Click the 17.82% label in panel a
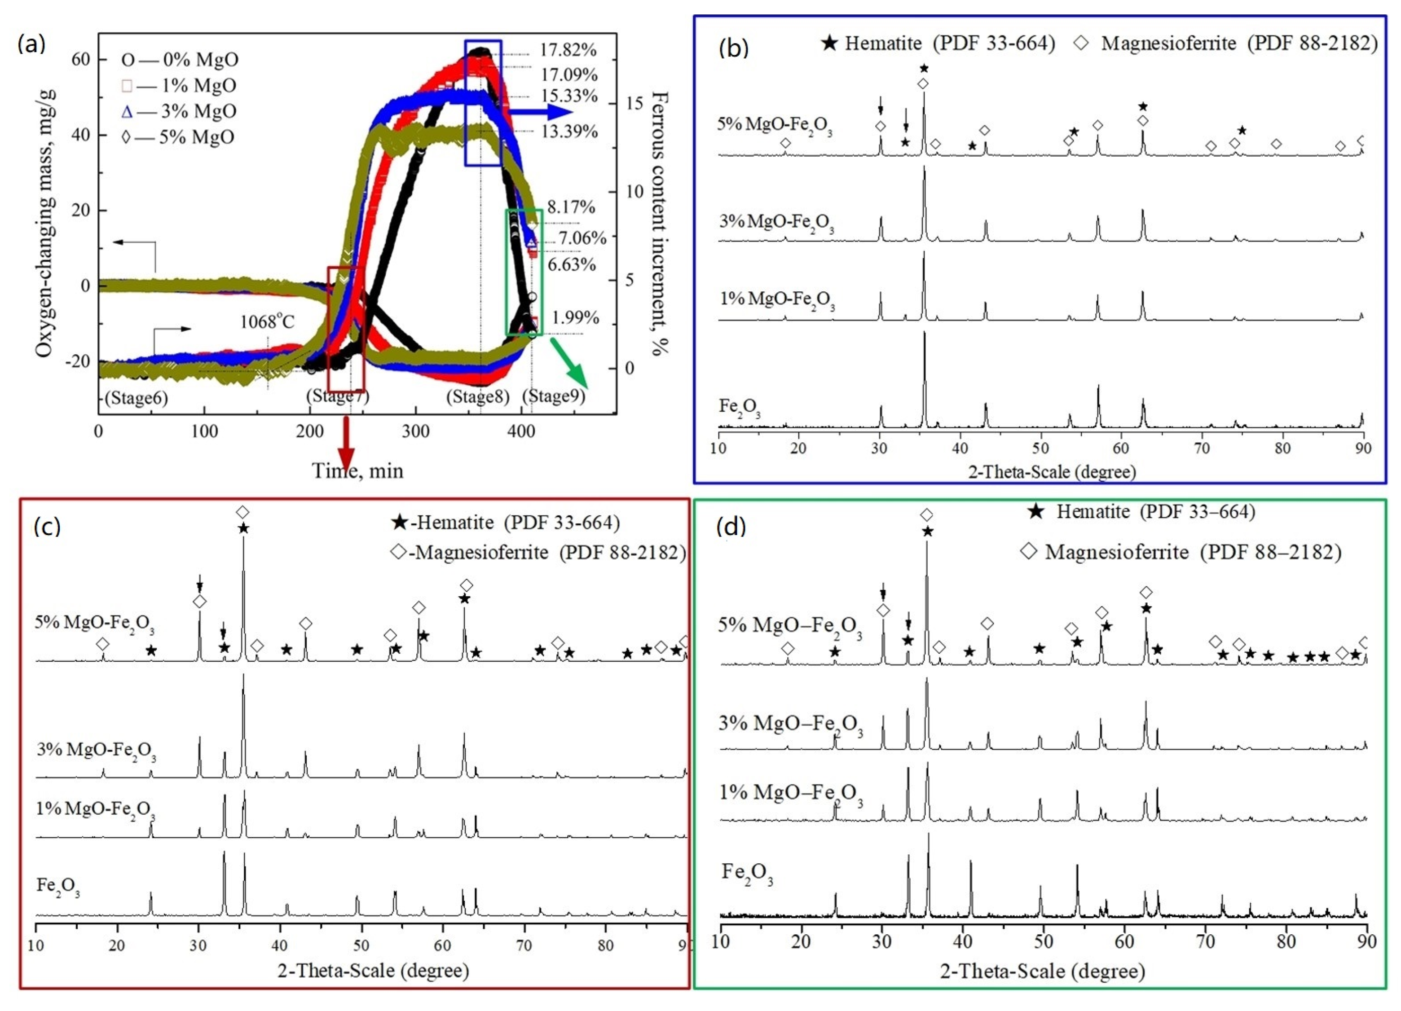[568, 50]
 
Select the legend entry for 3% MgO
[180, 111]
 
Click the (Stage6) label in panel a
[137, 398]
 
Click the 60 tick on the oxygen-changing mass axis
[81, 60]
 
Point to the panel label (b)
[734, 48]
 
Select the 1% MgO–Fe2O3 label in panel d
[791, 794]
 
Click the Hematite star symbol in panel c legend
[400, 523]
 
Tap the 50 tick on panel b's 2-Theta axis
[1041, 448]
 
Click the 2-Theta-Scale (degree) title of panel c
[373, 970]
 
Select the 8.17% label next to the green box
[571, 207]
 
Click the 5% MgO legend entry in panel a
[180, 137]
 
